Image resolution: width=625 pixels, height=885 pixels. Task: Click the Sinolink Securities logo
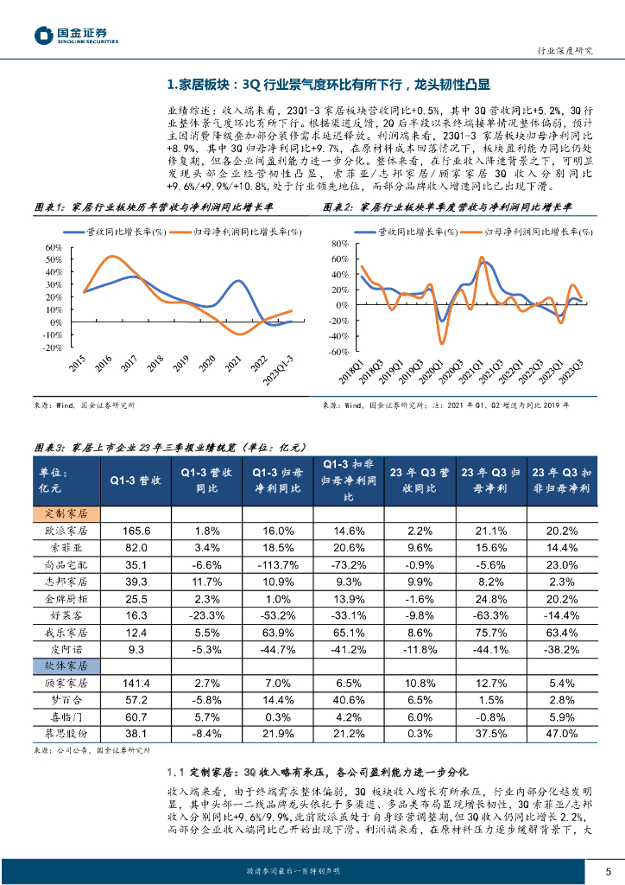tap(75, 35)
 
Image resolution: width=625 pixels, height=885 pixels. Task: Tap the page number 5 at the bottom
tap(608, 870)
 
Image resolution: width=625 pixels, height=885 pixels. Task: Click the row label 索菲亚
tap(72, 547)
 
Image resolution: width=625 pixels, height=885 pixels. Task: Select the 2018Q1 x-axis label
tap(351, 373)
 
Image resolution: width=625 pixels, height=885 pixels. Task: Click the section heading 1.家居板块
tap(328, 85)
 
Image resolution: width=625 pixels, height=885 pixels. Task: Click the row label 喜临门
tap(72, 716)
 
